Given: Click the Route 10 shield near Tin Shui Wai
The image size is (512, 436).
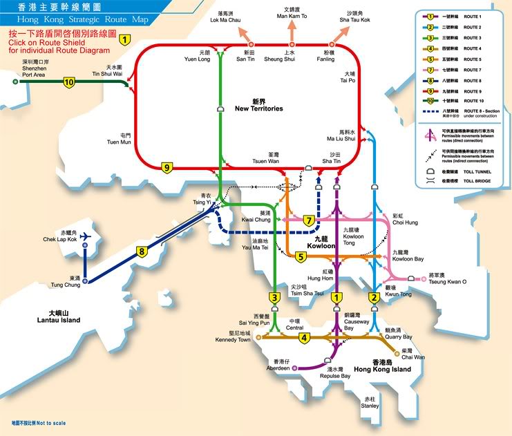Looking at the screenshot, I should click(68, 82).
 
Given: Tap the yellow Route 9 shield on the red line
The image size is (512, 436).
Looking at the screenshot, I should click(167, 167).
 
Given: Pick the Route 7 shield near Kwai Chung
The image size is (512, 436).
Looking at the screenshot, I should click(309, 220).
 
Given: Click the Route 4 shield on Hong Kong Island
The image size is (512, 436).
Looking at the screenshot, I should click(303, 338).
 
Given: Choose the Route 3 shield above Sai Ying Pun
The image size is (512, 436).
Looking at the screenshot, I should click(274, 298).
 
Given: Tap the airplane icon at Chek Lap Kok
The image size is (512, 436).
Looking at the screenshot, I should click(86, 236).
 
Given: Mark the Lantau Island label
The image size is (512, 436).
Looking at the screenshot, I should click(59, 320).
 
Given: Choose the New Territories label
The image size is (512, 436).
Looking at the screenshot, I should click(258, 108).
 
